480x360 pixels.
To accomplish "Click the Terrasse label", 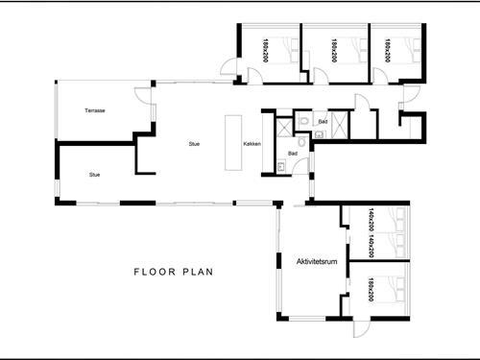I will pos(94,111).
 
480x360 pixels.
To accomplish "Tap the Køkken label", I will pos(252,144).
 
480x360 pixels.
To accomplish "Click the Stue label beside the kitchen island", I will pos(194,144).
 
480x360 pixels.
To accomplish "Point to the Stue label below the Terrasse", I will pos(94,175).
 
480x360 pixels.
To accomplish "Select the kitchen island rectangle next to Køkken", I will pos(231,144).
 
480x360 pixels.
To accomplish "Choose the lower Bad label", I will pos(292,154).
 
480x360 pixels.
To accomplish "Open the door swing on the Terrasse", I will pos(142,96).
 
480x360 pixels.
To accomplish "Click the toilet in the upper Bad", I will pos(301,121).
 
